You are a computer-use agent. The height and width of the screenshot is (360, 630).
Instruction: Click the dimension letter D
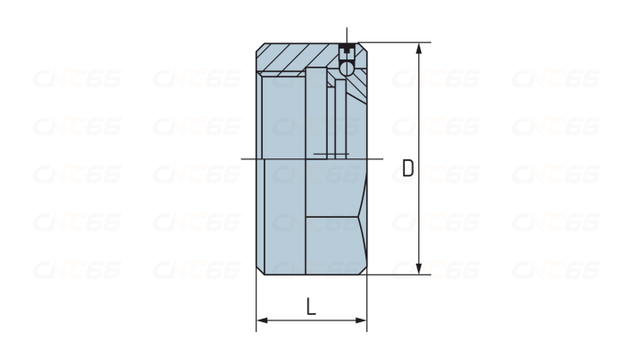coord(408,168)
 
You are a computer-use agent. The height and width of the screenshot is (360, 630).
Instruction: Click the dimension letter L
coord(311,307)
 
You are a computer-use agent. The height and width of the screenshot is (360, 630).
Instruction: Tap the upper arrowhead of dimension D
coord(419,49)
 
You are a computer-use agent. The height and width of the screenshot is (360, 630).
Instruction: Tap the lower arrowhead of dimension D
coord(419,269)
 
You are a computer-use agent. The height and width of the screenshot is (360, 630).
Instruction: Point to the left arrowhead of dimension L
coord(262,320)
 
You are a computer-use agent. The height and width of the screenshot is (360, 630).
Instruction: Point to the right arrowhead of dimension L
coord(361,320)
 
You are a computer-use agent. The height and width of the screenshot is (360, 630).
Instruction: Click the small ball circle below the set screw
coord(346,67)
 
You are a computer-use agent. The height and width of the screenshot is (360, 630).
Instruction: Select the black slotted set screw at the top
coord(346,51)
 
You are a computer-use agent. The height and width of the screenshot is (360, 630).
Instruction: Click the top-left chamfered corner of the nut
coord(260,47)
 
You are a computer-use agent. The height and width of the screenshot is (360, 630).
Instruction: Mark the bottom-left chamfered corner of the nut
coord(260,271)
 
